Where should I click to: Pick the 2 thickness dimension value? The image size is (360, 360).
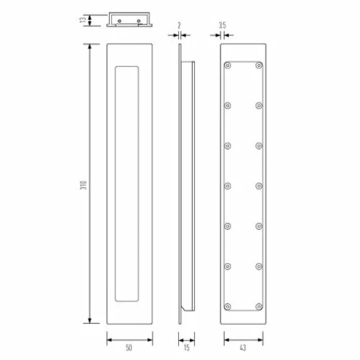(x=178, y=25)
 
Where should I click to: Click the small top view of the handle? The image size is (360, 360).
(x=130, y=19)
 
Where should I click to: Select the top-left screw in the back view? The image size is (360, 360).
(x=228, y=65)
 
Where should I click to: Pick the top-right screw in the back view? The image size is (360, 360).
(x=258, y=65)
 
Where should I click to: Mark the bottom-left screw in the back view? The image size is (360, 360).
(x=228, y=307)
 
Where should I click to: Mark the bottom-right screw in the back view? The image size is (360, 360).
(x=258, y=307)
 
